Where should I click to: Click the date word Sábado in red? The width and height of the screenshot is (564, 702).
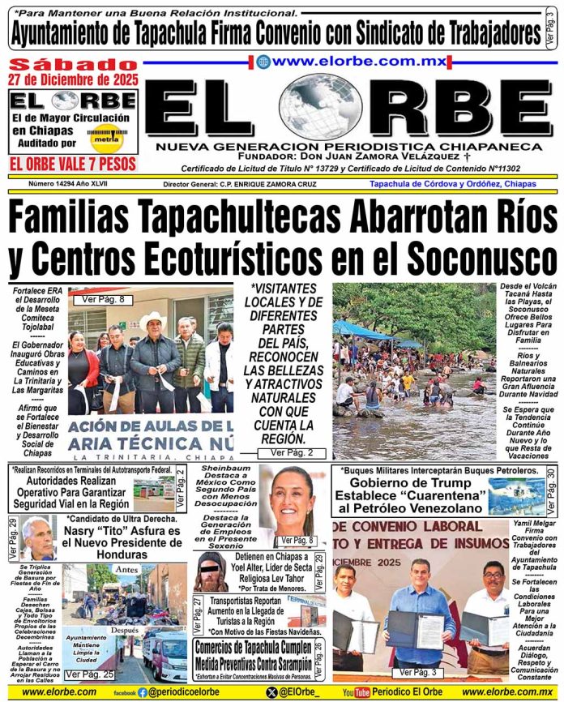tap(74, 64)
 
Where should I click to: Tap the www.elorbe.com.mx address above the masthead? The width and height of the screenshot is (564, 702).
tap(348, 61)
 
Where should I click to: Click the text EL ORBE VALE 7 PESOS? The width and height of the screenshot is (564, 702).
tap(74, 163)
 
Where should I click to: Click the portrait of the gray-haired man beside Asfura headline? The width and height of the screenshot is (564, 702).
tap(39, 537)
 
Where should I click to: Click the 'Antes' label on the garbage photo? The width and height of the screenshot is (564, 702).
tap(126, 570)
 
